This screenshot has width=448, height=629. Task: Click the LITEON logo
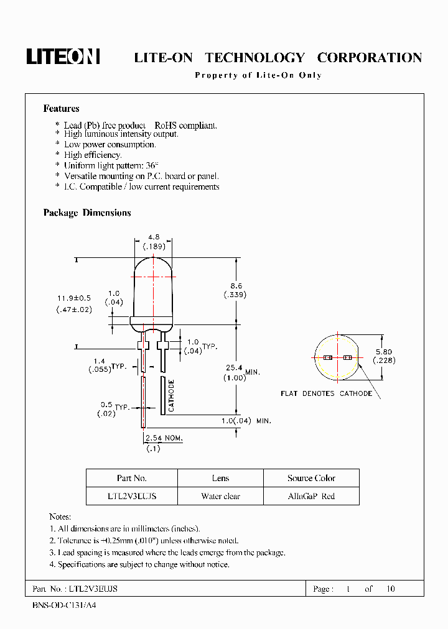(63, 57)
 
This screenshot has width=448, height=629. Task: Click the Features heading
(61, 109)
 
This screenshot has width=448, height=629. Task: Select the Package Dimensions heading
(87, 213)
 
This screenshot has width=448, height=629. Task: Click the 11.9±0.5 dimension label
(73, 298)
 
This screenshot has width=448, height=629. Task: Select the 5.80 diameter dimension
(384, 351)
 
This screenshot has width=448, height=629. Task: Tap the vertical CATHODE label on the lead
(172, 396)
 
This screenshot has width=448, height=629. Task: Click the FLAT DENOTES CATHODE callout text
(326, 393)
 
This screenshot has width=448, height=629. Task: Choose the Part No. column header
(131, 478)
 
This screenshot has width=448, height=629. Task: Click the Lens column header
(220, 478)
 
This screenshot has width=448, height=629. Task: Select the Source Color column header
(311, 478)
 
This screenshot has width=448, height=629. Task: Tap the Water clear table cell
(220, 497)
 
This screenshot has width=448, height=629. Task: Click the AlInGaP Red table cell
(311, 497)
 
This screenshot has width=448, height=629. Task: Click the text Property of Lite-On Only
(258, 75)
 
